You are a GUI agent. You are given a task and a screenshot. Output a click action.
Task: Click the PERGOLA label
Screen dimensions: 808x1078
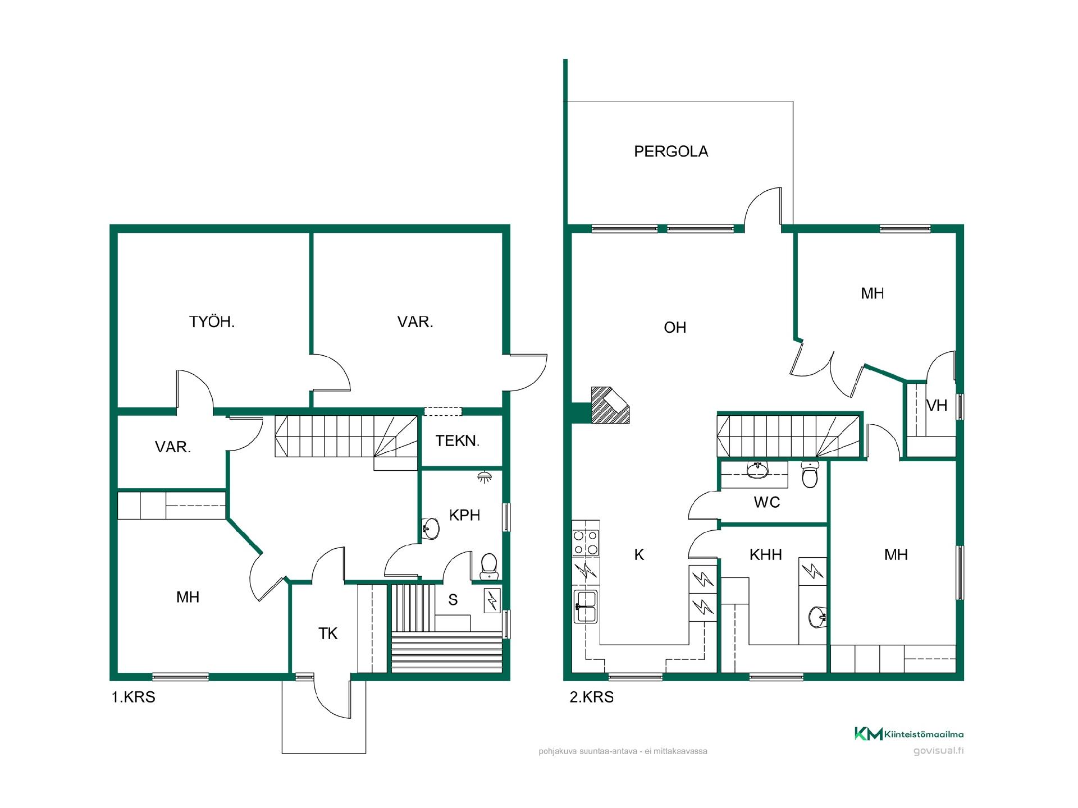tap(670, 151)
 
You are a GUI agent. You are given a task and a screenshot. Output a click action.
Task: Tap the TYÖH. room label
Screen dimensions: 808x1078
tap(212, 322)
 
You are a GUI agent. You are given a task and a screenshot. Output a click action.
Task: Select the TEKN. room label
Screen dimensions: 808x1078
tap(457, 441)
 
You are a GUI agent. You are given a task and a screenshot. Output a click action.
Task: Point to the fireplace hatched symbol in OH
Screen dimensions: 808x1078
tap(611, 405)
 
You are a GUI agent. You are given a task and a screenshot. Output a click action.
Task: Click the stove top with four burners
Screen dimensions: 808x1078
tap(586, 543)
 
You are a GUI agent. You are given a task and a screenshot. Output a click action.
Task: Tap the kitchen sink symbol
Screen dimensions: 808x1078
tap(586, 607)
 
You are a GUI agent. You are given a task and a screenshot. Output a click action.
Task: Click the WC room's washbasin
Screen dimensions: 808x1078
tap(757, 470)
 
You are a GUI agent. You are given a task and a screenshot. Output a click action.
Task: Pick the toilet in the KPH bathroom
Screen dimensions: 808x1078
tap(490, 566)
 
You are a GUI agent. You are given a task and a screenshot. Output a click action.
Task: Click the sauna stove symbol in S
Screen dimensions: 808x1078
tap(492, 601)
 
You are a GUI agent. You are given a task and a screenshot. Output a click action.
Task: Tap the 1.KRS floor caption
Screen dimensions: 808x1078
tap(133, 697)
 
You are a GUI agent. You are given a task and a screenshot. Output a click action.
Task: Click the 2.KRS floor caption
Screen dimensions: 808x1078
tap(591, 697)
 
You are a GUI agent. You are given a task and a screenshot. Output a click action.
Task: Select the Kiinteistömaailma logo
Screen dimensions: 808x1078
tap(908, 733)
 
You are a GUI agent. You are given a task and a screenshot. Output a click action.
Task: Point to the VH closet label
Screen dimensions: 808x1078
tap(937, 405)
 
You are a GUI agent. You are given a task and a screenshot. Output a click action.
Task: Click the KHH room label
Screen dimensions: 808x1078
tap(765, 555)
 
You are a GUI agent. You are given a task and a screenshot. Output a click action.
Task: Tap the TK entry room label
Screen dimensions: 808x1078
tap(328, 634)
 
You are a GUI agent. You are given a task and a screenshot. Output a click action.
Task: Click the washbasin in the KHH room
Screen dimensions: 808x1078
tap(817, 617)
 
